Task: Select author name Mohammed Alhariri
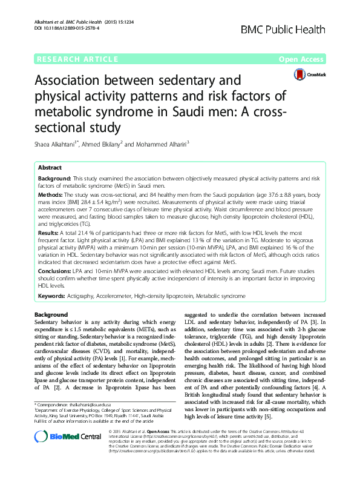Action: (x=164, y=144)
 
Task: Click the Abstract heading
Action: (x=50, y=167)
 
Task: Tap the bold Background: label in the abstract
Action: (x=54, y=180)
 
